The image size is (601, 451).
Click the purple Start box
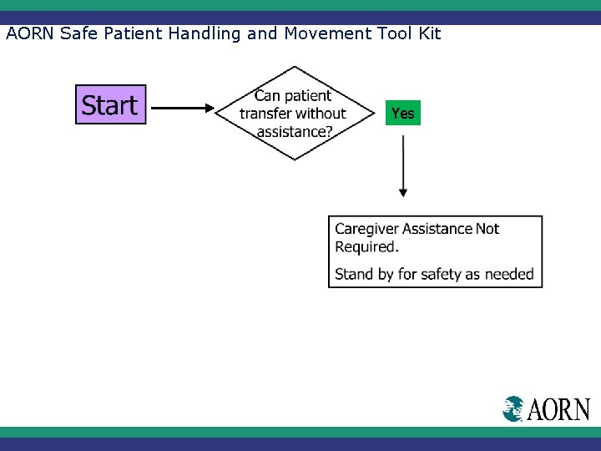110,104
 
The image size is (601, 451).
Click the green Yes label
402,113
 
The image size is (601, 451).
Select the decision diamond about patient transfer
294,113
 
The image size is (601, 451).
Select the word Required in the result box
365,247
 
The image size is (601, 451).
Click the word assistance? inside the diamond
294,131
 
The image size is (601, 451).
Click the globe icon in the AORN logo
513,408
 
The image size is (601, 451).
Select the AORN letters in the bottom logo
558,409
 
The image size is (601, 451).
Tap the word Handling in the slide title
200,33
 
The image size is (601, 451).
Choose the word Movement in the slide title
321,33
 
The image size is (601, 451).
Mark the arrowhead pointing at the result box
403,193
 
